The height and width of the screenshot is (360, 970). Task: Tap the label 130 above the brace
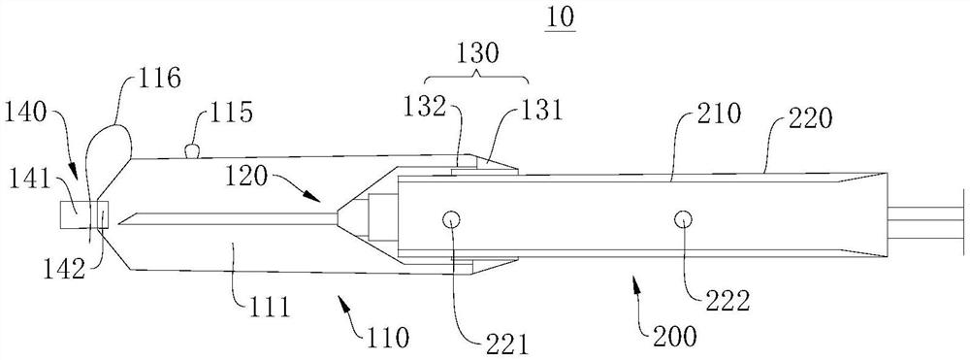click(475, 55)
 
